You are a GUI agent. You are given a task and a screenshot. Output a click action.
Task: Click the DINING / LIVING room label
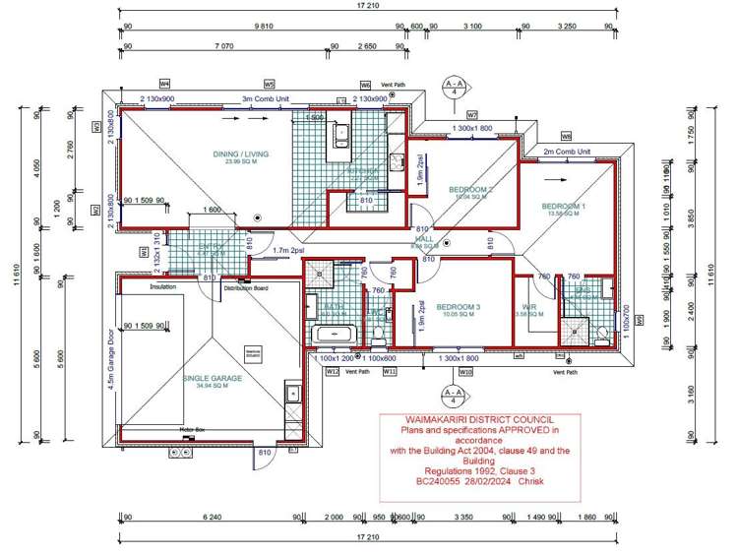click(x=241, y=154)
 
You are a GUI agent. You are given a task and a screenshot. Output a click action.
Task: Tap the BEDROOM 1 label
click(x=564, y=207)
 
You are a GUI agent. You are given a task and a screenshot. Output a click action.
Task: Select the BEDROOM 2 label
click(x=470, y=189)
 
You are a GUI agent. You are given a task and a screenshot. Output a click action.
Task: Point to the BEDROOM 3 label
click(x=459, y=307)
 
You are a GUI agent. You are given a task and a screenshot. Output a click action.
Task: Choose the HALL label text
click(x=424, y=239)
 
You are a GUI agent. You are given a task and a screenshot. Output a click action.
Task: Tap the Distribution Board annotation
click(x=246, y=288)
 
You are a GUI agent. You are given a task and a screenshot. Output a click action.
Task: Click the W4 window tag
click(x=165, y=84)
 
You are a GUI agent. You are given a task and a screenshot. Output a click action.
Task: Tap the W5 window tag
click(x=269, y=84)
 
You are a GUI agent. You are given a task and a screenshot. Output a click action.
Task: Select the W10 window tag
click(x=466, y=372)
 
